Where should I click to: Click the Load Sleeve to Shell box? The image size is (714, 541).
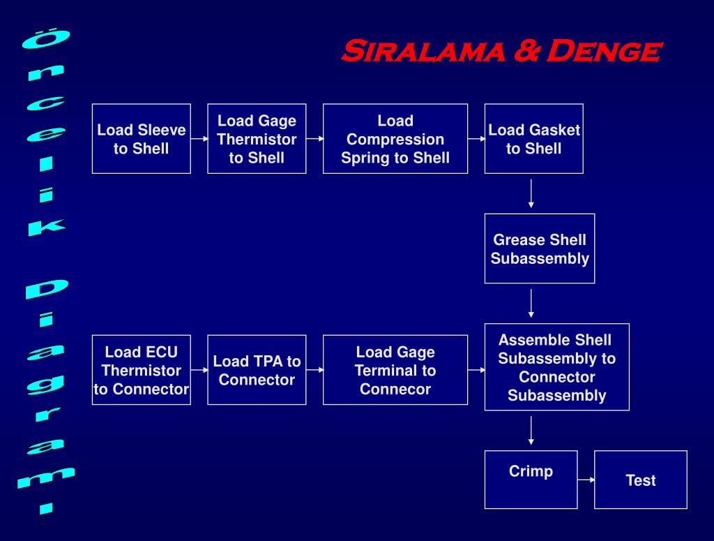coord(141,139)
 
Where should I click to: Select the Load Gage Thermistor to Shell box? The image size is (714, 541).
coord(257,139)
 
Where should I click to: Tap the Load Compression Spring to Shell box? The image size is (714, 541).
coord(395,139)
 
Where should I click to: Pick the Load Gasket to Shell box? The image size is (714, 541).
coord(533,139)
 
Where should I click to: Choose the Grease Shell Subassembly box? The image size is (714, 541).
coord(540,249)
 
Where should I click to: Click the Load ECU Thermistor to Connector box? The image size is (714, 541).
coord(141,370)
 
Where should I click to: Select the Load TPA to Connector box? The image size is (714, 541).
coord(257,370)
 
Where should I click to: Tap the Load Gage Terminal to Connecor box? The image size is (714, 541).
coord(395,370)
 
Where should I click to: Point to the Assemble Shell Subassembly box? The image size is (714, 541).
coord(556,367)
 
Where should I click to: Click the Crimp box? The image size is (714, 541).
coord(531,480)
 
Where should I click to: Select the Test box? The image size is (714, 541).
coord(640,480)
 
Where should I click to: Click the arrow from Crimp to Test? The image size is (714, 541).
coord(586,480)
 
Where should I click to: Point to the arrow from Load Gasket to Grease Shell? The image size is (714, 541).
coord(531,194)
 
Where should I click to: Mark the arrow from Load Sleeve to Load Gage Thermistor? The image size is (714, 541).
coord(199,139)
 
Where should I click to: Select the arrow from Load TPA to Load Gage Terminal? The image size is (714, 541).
coord(314,370)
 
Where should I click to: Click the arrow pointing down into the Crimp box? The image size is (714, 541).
coord(531,431)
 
